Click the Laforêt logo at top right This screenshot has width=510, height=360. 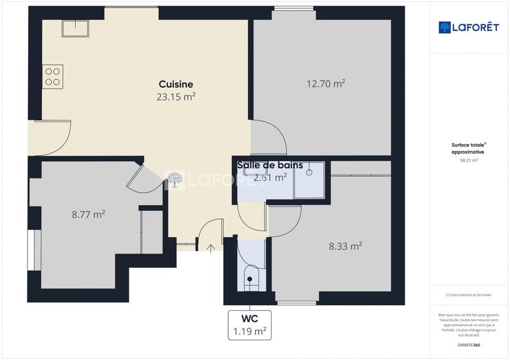pyautogui.click(x=469, y=27)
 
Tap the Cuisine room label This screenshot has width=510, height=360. pyautogui.click(x=176, y=84)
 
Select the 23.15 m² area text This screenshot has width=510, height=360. pyautogui.click(x=176, y=97)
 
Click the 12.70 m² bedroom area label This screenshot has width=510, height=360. pyautogui.click(x=326, y=83)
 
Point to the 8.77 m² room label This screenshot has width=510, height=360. pyautogui.click(x=89, y=215)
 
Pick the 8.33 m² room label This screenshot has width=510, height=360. pyautogui.click(x=346, y=245)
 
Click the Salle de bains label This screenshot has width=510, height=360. pyautogui.click(x=270, y=165)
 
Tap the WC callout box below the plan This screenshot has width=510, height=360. pyautogui.click(x=249, y=325)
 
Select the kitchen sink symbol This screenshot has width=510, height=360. pyautogui.click(x=75, y=28)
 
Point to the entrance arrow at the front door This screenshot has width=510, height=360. pyautogui.click(x=211, y=247)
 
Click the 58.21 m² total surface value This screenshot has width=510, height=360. pyautogui.click(x=469, y=161)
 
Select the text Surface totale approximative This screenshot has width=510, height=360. pyautogui.click(x=469, y=149)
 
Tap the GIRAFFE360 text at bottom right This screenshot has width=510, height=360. pyautogui.click(x=469, y=345)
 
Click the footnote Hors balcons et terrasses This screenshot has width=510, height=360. pyautogui.click(x=469, y=294)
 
